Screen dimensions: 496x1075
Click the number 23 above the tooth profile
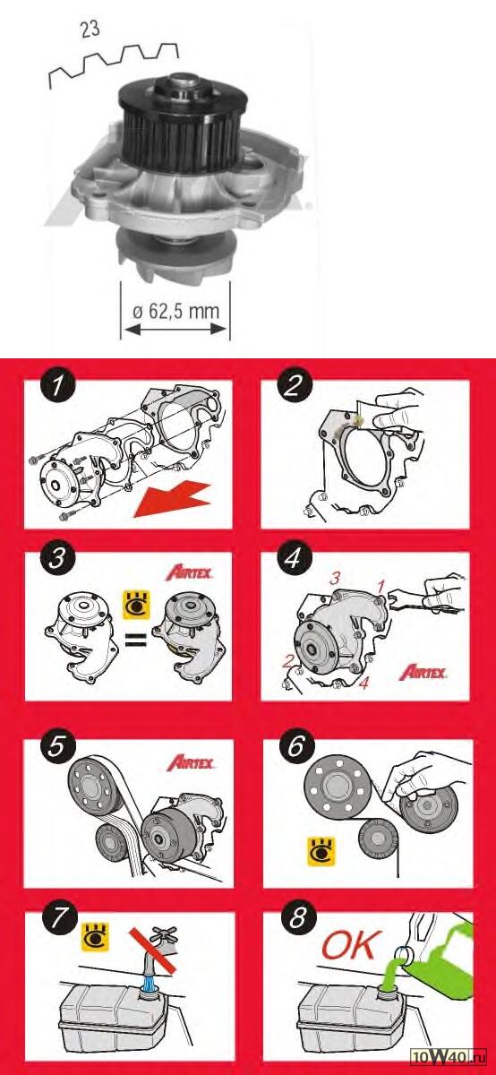[x=90, y=29]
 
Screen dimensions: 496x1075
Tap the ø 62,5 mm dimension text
[x=176, y=311]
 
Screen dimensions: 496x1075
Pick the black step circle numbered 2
[x=294, y=386]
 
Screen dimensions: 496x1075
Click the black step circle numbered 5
[x=56, y=747]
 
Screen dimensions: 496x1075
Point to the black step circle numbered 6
[x=295, y=747]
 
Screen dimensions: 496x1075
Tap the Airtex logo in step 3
[x=190, y=572]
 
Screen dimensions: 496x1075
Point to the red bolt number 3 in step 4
[x=334, y=579]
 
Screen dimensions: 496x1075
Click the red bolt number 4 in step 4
[x=364, y=683]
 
